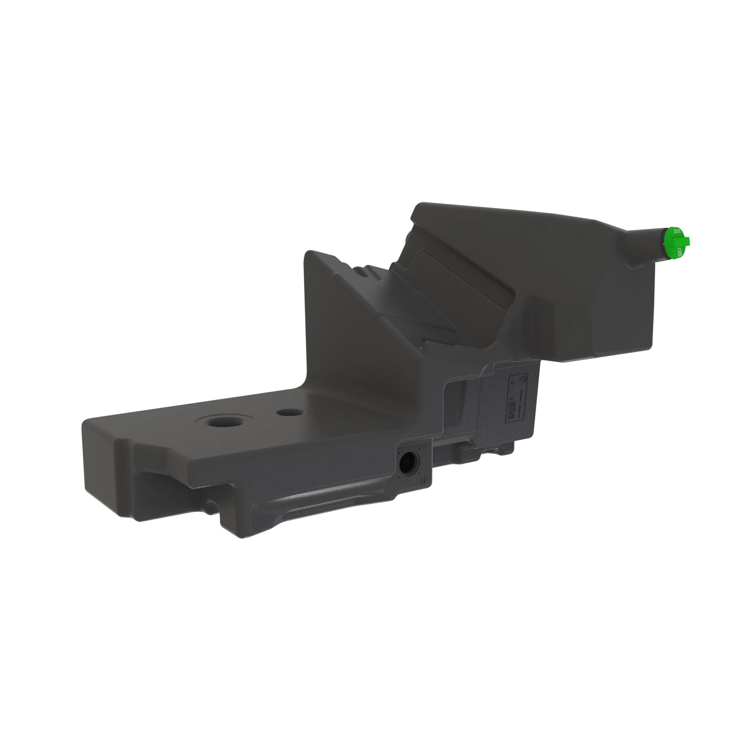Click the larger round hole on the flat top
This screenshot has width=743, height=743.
click(x=223, y=422)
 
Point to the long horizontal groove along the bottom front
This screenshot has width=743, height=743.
click(x=331, y=504)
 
